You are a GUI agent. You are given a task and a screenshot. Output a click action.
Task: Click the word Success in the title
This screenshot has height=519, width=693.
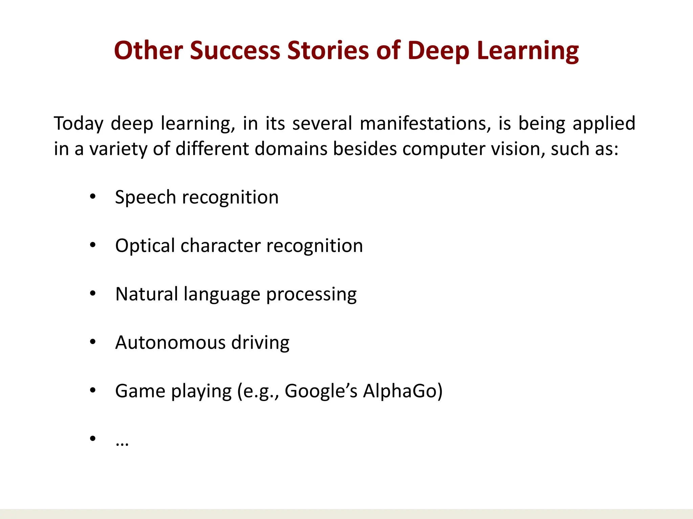point(235,51)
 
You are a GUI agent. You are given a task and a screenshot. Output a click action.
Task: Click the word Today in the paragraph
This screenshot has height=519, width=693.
point(79,124)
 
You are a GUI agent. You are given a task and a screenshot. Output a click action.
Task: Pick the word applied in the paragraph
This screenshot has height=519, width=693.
point(604,124)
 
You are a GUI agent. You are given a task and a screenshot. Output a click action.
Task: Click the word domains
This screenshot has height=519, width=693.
point(291,149)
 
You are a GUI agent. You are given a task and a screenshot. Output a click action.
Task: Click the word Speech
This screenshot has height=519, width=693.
point(145,197)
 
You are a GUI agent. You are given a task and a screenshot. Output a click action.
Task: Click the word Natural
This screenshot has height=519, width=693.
point(147,294)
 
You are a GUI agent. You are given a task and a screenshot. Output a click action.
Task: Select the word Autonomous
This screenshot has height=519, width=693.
point(170,343)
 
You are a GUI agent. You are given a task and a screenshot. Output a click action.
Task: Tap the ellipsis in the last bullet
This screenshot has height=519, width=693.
point(122,444)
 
